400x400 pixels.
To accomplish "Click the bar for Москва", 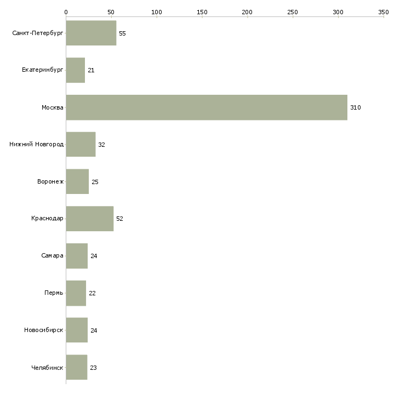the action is pyautogui.click(x=207, y=107).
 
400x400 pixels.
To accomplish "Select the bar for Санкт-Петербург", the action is pyautogui.click(x=91, y=33).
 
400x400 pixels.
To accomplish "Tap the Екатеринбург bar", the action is pyautogui.click(x=76, y=70).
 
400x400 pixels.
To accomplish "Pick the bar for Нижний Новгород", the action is pyautogui.click(x=81, y=145).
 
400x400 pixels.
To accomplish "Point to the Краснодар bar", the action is pyautogui.click(x=90, y=219).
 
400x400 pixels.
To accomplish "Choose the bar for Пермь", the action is pyautogui.click(x=76, y=293).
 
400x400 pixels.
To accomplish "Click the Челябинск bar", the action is pyautogui.click(x=77, y=367).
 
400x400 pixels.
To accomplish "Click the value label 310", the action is pyautogui.click(x=356, y=107).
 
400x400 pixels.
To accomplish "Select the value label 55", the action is pyautogui.click(x=122, y=33).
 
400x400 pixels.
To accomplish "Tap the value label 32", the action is pyautogui.click(x=101, y=145).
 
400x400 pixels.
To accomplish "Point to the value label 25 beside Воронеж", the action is pyautogui.click(x=95, y=182).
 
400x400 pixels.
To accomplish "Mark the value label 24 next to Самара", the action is pyautogui.click(x=94, y=256).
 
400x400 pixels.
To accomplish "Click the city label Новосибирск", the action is pyautogui.click(x=44, y=330).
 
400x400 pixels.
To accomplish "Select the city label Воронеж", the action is pyautogui.click(x=50, y=181).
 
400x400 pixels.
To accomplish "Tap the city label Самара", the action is pyautogui.click(x=52, y=255).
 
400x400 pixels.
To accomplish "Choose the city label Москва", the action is pyautogui.click(x=52, y=107).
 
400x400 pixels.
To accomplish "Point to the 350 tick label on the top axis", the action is pyautogui.click(x=384, y=12).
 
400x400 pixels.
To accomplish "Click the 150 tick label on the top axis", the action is pyautogui.click(x=202, y=12).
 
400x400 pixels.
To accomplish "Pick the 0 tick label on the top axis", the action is pyautogui.click(x=66, y=12).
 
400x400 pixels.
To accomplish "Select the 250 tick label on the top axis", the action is pyautogui.click(x=293, y=12).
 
